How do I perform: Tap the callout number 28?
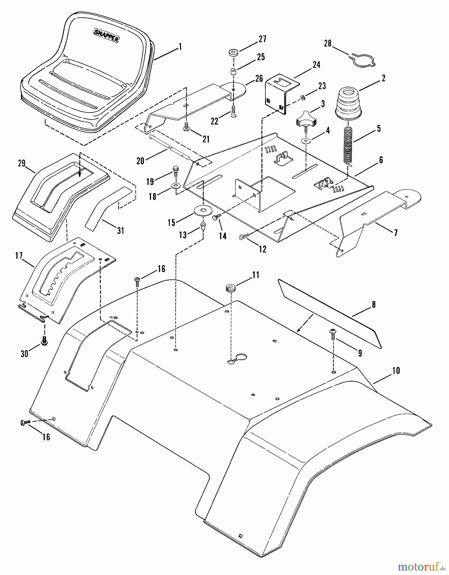[328, 43]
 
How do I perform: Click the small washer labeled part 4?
[307, 141]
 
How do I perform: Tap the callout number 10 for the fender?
[396, 371]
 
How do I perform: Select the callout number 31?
[120, 230]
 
